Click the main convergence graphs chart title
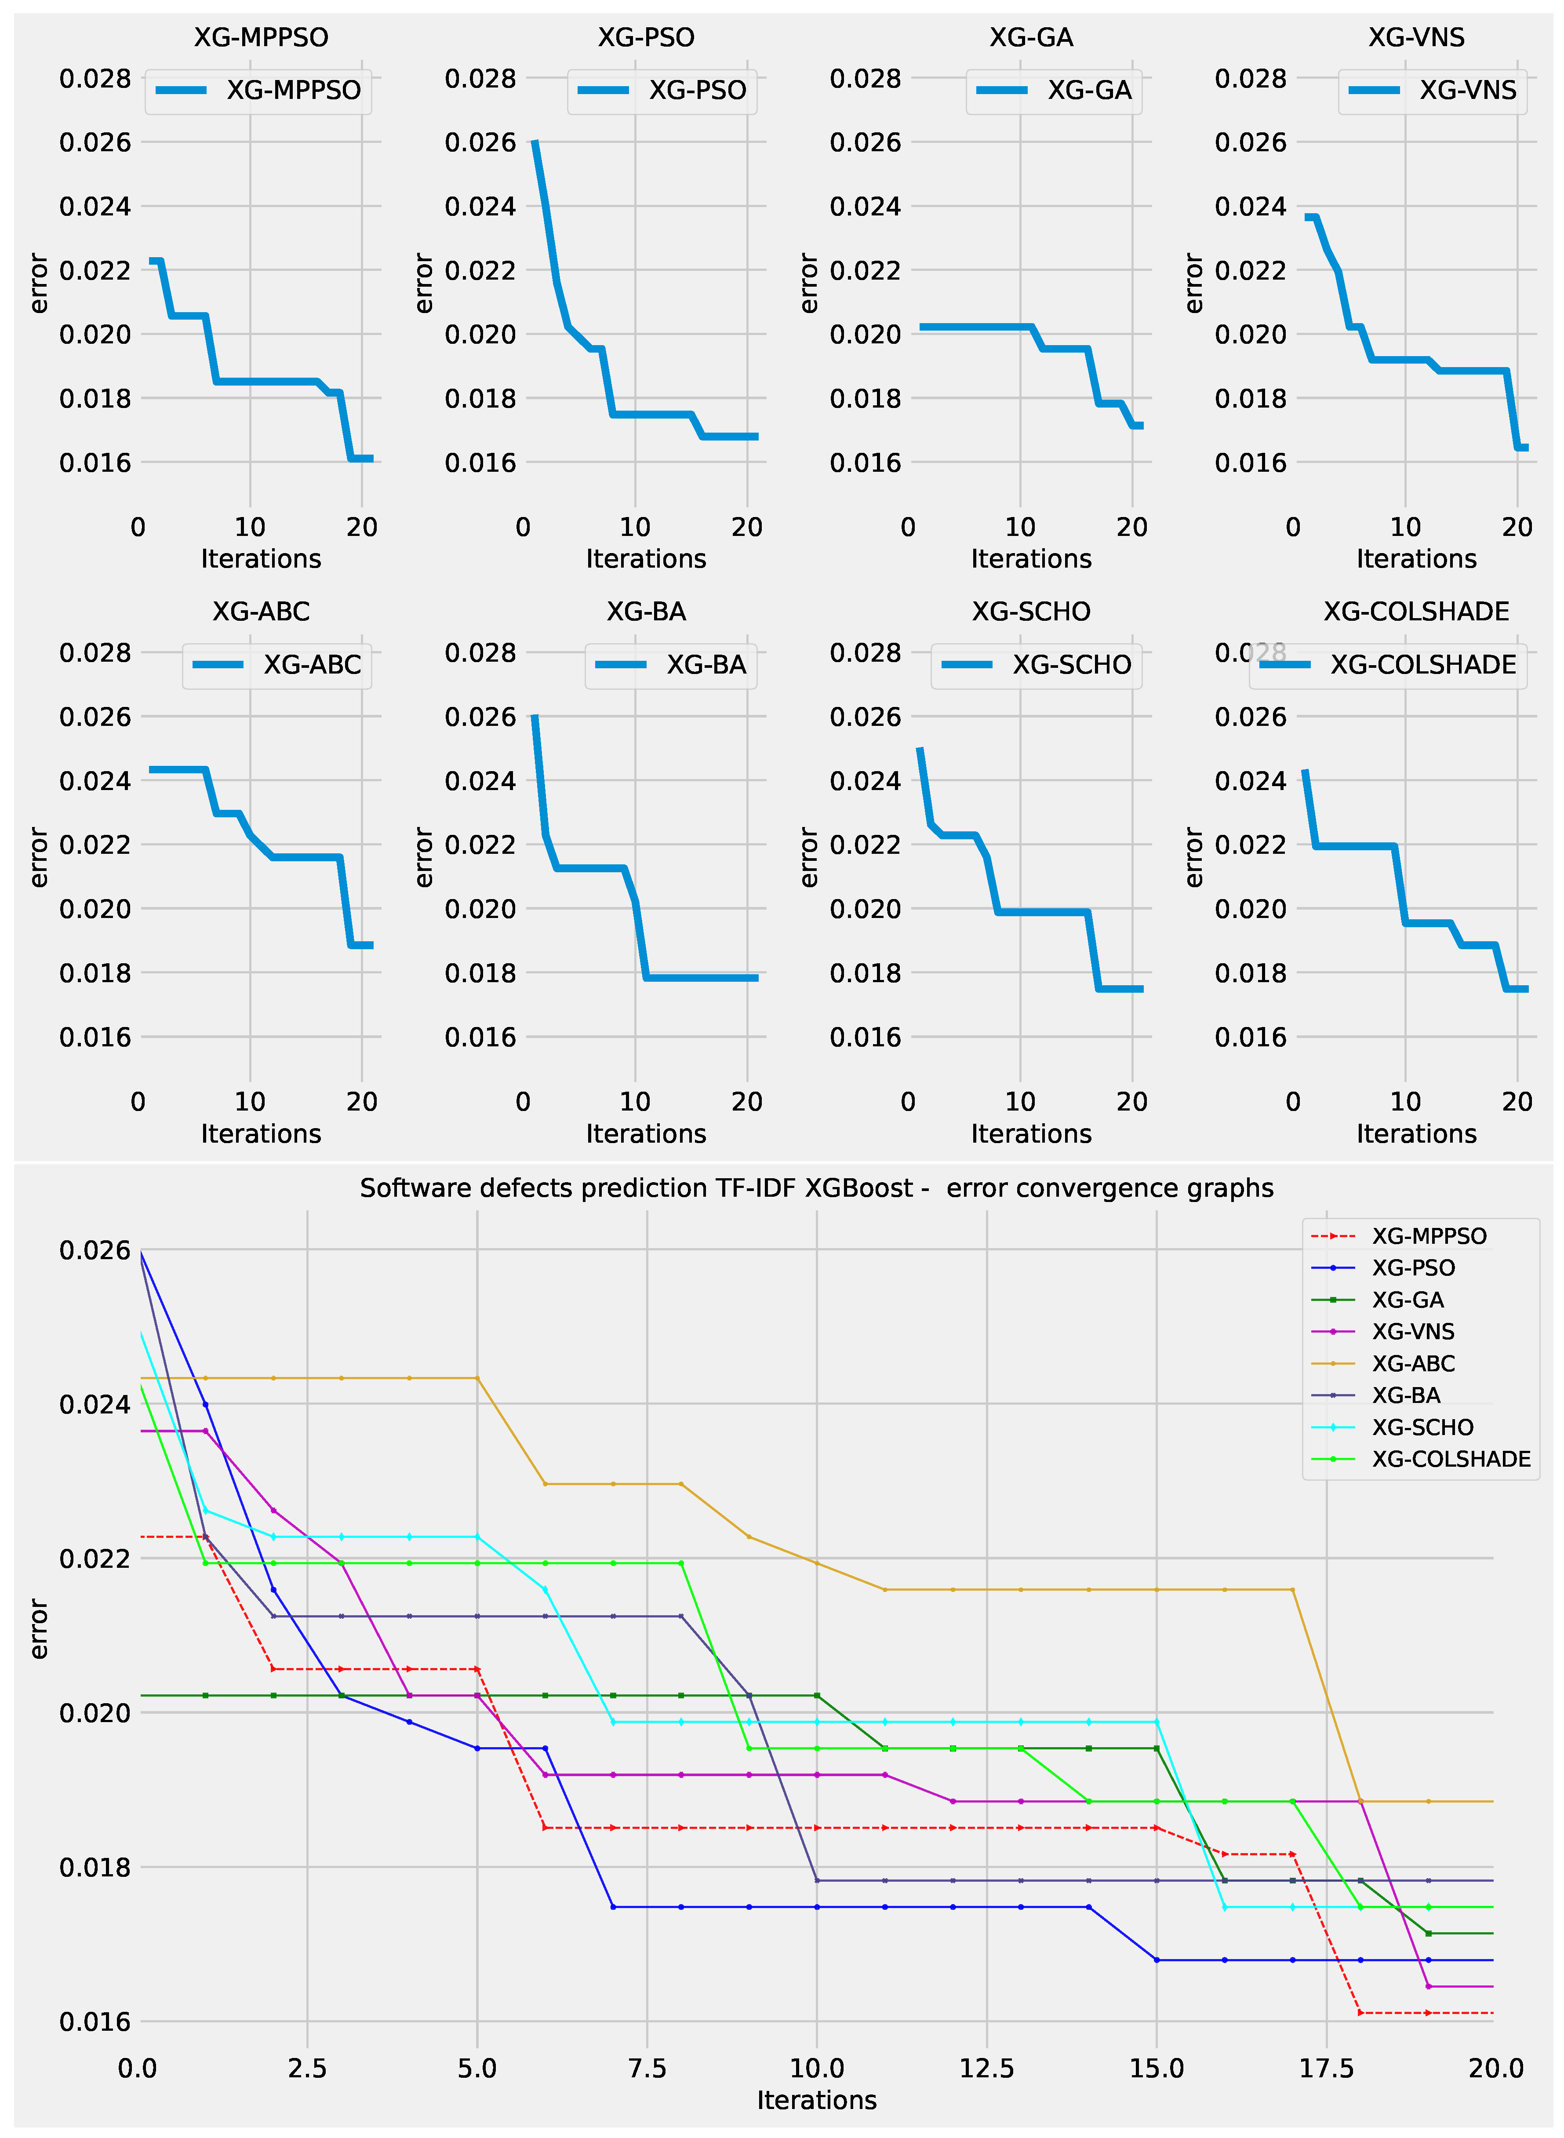tap(816, 1188)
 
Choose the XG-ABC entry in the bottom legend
tap(1412, 1363)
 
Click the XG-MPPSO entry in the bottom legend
tap(1429, 1236)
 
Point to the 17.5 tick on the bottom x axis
tap(1325, 2069)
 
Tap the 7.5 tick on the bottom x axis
tap(647, 2069)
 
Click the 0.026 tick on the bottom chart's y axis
tap(95, 1251)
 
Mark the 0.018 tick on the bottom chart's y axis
tap(95, 1867)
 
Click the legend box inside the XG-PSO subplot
tap(662, 91)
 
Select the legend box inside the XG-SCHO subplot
tap(1037, 666)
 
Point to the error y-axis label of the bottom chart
tap(38, 1628)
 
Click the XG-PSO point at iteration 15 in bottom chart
tap(1156, 1960)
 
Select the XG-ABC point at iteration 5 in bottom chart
tap(477, 1378)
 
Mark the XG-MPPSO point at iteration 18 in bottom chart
tap(1360, 2013)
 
